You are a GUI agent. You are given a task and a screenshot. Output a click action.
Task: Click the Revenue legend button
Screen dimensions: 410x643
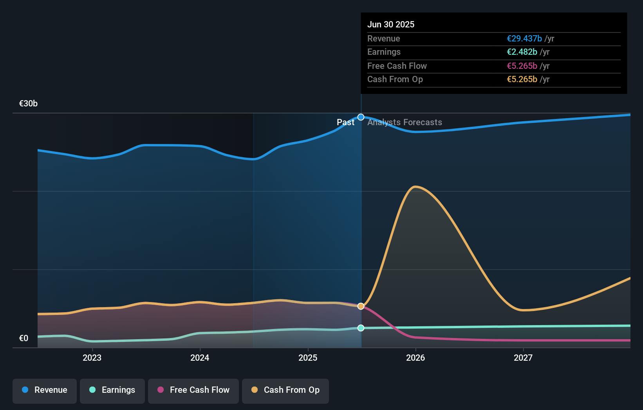(x=45, y=390)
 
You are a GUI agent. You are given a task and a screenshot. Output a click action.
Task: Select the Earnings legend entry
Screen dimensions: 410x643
(x=112, y=390)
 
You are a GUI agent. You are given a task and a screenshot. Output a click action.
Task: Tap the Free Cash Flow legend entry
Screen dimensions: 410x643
(x=193, y=390)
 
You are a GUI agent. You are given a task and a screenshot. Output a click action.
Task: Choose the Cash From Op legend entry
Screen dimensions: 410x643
(x=285, y=390)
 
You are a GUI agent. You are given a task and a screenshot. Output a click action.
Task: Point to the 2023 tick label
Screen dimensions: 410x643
(x=92, y=358)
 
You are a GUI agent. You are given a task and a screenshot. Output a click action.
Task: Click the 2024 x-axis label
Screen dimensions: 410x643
(x=200, y=358)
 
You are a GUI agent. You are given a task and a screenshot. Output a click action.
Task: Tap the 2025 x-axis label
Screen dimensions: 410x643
(x=308, y=358)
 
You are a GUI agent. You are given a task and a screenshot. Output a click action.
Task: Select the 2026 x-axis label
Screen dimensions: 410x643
(x=415, y=358)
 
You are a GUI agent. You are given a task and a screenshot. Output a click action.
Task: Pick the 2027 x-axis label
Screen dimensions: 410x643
(x=523, y=358)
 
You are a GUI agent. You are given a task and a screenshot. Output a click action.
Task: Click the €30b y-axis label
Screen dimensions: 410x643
(x=28, y=104)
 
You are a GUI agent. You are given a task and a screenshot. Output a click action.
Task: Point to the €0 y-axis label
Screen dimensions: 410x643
(x=23, y=338)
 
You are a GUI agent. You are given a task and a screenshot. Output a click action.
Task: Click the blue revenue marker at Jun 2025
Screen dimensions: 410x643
(x=361, y=117)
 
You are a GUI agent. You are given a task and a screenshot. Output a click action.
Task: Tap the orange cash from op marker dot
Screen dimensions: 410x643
(x=361, y=306)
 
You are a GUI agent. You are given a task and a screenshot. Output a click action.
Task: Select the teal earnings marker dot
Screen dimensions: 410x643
(x=361, y=328)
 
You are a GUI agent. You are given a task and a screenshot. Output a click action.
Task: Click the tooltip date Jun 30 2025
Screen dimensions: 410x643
(x=391, y=24)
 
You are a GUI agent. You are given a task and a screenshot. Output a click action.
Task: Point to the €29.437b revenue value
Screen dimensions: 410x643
(x=524, y=38)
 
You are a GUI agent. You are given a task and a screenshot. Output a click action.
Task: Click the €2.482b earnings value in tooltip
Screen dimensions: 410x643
(x=522, y=52)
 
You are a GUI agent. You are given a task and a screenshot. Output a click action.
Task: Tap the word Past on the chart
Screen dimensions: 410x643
(x=345, y=122)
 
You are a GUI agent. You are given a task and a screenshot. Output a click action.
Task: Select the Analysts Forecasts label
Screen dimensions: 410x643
(x=405, y=122)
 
